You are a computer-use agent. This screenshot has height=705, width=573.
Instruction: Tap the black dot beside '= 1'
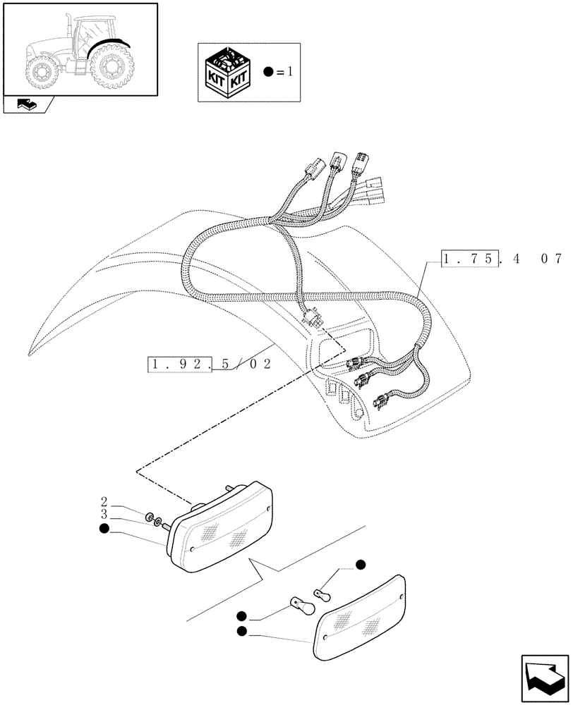(x=267, y=73)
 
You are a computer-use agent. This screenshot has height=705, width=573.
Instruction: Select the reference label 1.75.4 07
(x=502, y=259)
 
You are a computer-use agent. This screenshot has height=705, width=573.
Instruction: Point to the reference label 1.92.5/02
(x=210, y=364)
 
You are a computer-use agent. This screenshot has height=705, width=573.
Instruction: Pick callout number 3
(x=104, y=515)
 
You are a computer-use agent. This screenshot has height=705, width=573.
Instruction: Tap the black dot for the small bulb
(x=361, y=564)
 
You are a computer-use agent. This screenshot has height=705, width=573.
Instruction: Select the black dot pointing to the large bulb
(x=242, y=615)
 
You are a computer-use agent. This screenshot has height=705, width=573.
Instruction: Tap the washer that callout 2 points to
(x=151, y=520)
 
